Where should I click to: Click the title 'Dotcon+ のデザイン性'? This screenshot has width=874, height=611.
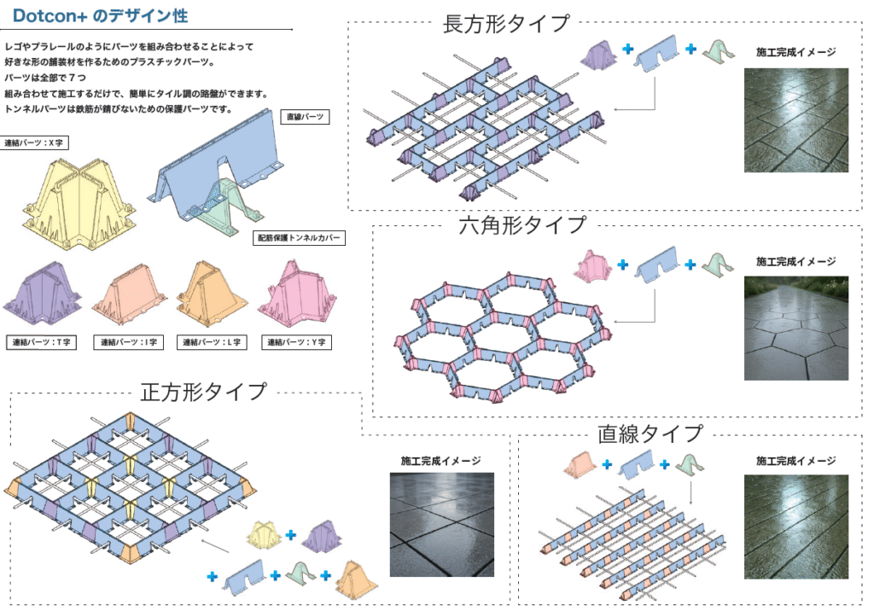(x=101, y=16)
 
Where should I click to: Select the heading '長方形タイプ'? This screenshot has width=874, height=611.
(x=506, y=23)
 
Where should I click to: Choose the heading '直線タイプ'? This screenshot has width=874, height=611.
(x=650, y=433)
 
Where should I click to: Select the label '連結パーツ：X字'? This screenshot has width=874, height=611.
(x=35, y=143)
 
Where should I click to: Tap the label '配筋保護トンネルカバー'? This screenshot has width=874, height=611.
(x=300, y=239)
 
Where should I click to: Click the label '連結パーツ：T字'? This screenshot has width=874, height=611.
(x=41, y=342)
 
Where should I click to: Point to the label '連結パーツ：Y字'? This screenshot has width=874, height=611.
(x=295, y=342)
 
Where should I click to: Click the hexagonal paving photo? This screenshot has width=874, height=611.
(x=795, y=328)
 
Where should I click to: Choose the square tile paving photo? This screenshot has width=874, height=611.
(x=441, y=524)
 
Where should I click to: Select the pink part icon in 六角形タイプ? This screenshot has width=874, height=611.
(x=594, y=265)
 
